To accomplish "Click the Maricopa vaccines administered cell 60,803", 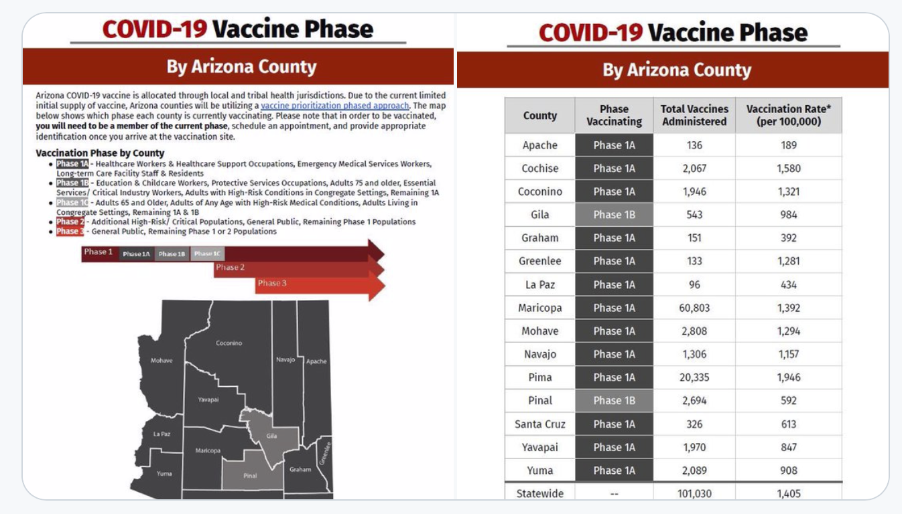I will click(694, 308).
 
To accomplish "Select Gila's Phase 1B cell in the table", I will click(614, 215).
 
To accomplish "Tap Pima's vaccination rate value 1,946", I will click(789, 377).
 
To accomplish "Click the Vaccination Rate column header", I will click(788, 115).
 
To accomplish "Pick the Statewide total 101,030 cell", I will click(694, 493).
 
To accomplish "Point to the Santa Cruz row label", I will click(539, 424).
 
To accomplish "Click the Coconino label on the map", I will click(229, 343).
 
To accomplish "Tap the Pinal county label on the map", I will click(250, 476).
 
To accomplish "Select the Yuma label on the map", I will click(164, 473).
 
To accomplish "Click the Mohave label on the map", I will click(161, 360).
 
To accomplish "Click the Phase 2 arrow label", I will click(230, 267).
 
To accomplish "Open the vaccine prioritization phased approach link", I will click(334, 106).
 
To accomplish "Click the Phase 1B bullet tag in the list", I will click(72, 183).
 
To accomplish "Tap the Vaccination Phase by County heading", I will click(100, 153).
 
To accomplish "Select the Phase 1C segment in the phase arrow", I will click(207, 254).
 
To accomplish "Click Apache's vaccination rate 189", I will click(789, 145).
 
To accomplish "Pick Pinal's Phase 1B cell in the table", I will click(614, 400).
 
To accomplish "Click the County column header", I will click(539, 115).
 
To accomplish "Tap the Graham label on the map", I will click(300, 469).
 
